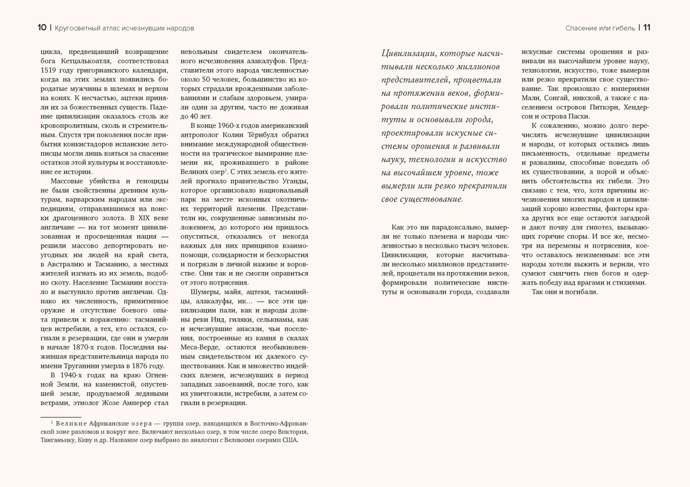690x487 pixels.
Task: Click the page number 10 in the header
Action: (41, 28)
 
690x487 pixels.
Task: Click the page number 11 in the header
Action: (646, 28)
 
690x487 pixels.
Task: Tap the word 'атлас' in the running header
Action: (102, 28)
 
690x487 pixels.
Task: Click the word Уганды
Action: (293, 181)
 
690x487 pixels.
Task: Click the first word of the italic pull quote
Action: (411, 53)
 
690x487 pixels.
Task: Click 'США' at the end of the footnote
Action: (290, 440)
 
